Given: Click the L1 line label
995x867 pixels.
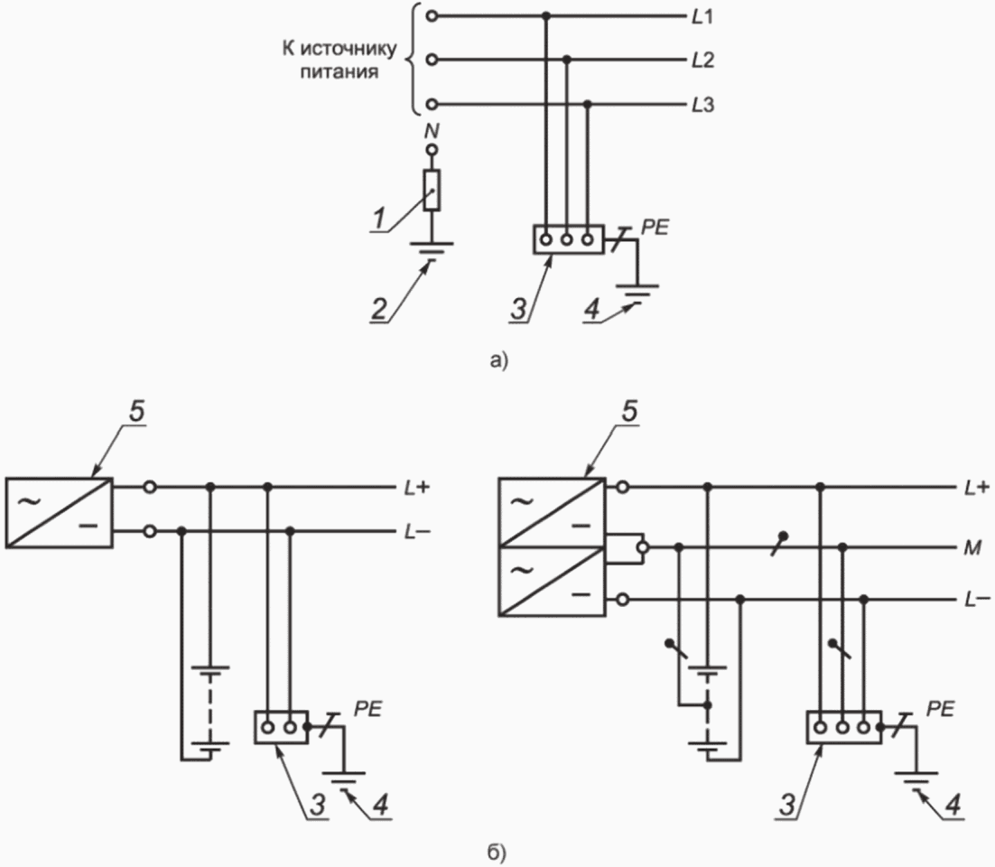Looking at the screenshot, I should tap(702, 16).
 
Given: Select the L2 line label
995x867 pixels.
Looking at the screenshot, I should tap(702, 61).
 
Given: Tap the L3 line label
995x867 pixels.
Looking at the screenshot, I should tap(702, 105).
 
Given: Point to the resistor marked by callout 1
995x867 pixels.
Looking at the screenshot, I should tap(432, 189).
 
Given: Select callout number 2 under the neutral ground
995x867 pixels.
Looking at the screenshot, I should tap(384, 310).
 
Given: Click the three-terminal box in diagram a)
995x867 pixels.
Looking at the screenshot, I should tap(567, 240).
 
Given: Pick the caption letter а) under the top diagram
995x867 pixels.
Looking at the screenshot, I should tap(497, 360).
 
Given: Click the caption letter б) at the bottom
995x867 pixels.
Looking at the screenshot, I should tap(497, 851).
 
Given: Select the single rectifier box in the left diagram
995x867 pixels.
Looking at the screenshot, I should tap(59, 512).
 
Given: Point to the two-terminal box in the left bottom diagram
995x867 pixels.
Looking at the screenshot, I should tap(279, 726).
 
